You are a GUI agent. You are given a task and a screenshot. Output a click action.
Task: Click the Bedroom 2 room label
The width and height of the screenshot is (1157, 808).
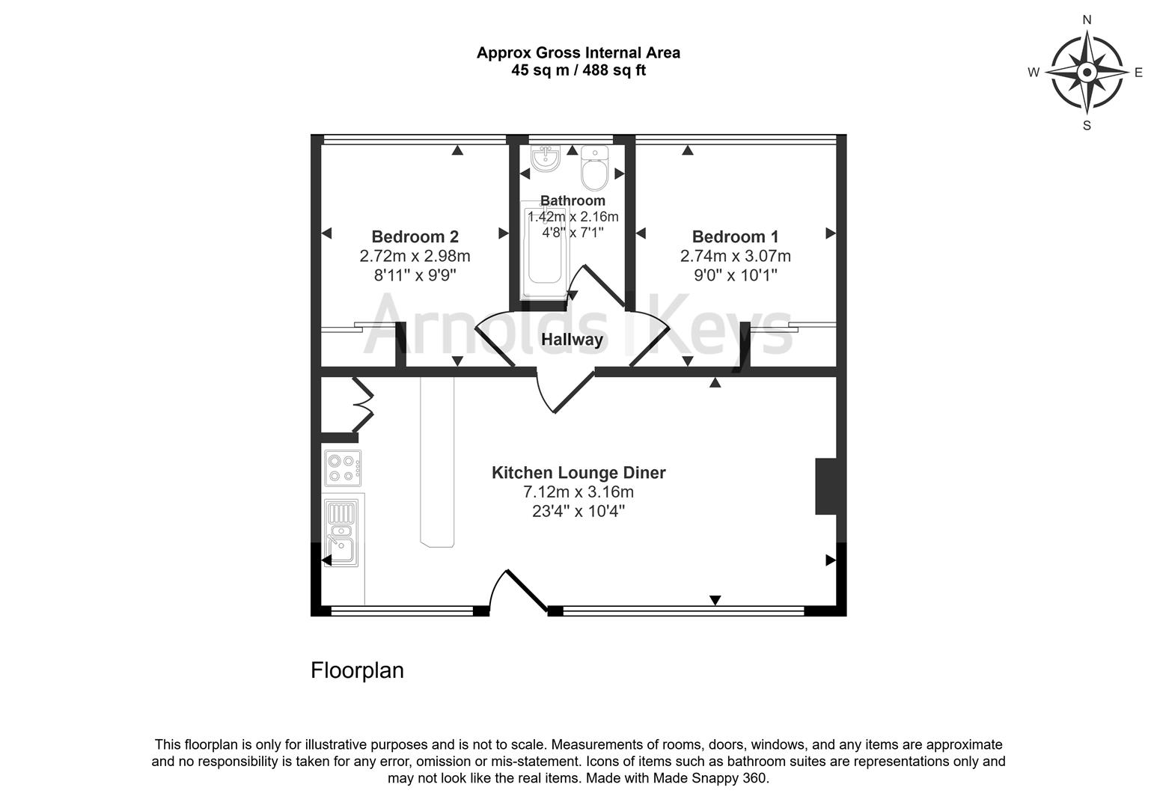coord(415,237)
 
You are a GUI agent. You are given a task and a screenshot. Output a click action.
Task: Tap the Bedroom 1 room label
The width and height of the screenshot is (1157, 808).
coord(735,237)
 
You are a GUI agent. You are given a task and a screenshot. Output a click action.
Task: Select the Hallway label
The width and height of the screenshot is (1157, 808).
coord(572,340)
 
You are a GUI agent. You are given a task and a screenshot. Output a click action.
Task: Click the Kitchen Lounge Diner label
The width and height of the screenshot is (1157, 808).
coord(578,473)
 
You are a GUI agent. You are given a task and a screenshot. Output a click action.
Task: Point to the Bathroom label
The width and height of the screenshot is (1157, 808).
coord(573,201)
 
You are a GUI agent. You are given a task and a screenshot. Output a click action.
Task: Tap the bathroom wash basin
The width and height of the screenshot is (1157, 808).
coord(545,159)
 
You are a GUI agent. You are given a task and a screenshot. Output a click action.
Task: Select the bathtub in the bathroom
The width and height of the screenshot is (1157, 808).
coord(544,254)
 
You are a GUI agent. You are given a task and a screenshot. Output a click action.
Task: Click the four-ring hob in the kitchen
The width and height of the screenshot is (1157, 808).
coord(343,468)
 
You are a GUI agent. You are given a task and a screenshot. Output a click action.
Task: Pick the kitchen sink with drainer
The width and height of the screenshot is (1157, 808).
coord(341,532)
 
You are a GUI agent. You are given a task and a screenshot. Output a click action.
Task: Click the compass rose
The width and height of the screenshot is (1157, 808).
coord(1087,73)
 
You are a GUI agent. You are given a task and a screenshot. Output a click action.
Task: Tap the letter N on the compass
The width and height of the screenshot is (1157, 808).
coord(1087,20)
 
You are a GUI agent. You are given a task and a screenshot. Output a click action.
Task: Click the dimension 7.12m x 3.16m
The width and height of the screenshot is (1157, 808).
coord(578,492)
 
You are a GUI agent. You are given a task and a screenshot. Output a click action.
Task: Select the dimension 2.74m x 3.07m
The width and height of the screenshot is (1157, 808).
coord(735,257)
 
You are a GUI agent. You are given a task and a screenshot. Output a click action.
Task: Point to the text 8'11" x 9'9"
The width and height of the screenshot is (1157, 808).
coord(415,275)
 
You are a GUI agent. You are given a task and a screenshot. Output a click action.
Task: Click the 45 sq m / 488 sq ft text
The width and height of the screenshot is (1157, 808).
coord(578,71)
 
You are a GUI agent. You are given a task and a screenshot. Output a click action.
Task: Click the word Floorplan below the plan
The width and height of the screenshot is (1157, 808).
coord(357,670)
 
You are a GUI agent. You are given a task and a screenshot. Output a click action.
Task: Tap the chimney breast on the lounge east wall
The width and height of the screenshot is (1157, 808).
coord(825,486)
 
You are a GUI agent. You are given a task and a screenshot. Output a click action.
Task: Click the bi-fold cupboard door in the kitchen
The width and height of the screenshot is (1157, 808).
coord(363,405)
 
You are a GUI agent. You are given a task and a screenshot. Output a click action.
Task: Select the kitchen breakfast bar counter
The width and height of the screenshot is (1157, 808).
coord(438,462)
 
